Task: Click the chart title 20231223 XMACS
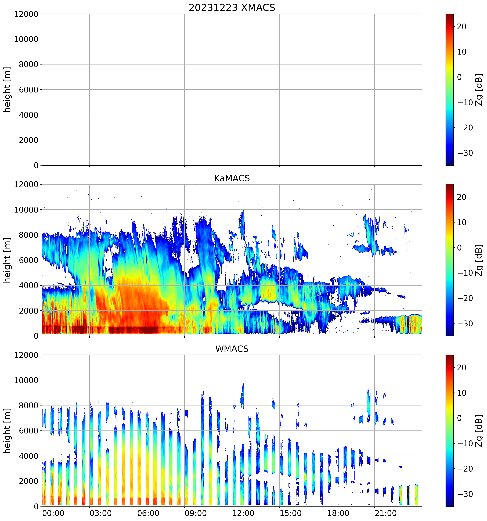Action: (232, 8)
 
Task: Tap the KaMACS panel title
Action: (232, 178)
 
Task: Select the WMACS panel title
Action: (232, 349)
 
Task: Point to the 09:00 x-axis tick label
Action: (196, 513)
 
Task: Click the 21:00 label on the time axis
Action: (386, 513)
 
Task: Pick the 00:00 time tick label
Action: (53, 513)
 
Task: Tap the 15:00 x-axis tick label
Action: (291, 513)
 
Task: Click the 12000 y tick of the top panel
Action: (26, 14)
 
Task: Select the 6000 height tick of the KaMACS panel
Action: (28, 260)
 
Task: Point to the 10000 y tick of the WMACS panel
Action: (26, 380)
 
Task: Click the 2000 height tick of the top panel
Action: (28, 140)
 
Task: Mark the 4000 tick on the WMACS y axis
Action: (28, 456)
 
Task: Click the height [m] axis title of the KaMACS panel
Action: (7, 260)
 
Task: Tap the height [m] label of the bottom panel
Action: (7, 431)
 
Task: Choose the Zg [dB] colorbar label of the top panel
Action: (479, 90)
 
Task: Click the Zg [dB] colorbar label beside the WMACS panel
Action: (479, 431)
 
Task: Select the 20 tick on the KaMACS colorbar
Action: (462, 197)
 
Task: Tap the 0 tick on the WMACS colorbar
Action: (459, 418)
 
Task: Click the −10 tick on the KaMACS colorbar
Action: (465, 273)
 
